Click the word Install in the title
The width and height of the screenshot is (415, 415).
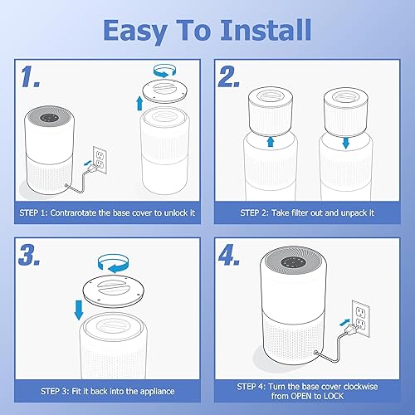pyautogui.click(x=257, y=30)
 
